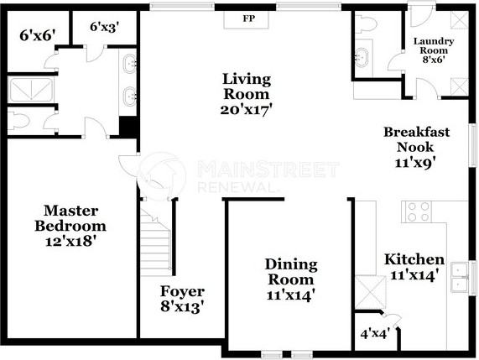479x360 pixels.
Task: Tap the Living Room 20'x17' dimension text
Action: click(247, 108)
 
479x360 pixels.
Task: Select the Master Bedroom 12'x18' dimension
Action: click(70, 241)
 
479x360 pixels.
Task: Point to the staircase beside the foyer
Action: click(157, 243)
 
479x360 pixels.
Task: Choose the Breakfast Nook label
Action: click(417, 138)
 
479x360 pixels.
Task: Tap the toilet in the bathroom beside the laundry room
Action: click(367, 26)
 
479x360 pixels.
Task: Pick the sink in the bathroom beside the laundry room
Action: click(363, 57)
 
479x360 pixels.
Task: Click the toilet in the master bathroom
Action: click(20, 122)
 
